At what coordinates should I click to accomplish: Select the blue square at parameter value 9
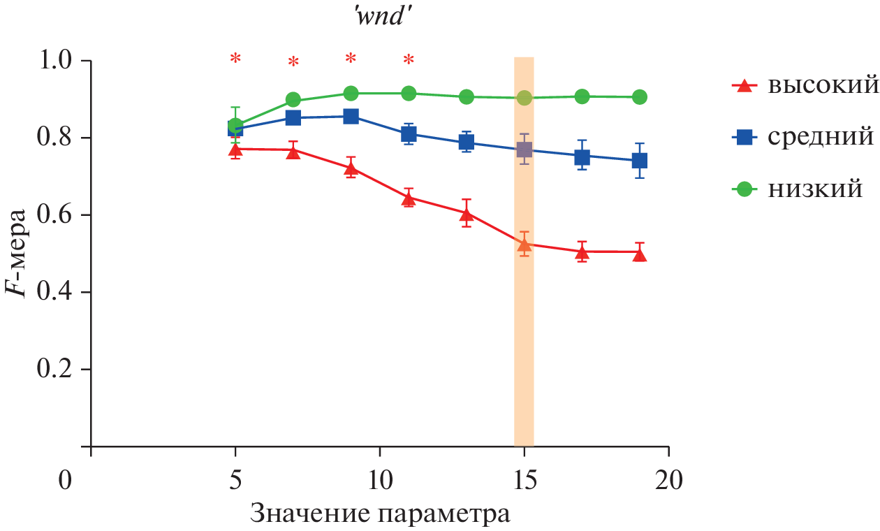351,116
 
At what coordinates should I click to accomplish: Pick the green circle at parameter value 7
293,100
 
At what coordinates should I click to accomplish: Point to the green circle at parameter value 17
582,96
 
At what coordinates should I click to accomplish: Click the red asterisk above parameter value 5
235,59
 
